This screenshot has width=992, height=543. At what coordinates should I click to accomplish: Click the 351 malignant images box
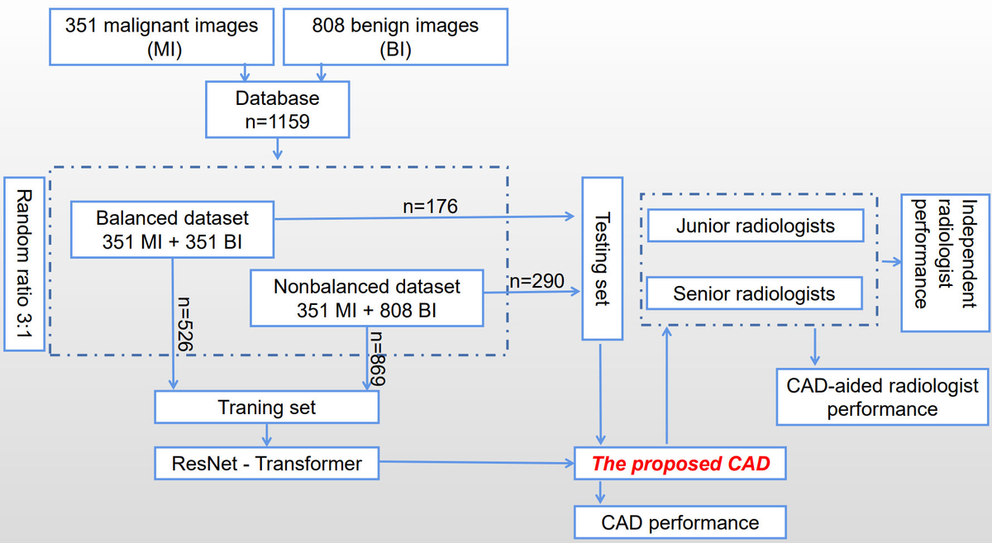(x=161, y=36)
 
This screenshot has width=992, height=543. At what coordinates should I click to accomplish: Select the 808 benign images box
(x=394, y=36)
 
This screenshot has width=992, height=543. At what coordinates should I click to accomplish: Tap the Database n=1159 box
(x=277, y=110)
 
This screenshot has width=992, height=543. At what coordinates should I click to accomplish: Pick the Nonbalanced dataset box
(x=366, y=298)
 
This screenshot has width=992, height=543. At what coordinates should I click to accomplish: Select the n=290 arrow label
(x=537, y=281)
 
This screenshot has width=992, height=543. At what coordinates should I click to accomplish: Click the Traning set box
(x=266, y=407)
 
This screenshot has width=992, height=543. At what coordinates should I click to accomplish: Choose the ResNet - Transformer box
(x=266, y=464)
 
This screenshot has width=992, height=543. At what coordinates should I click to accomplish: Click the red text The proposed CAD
(x=680, y=464)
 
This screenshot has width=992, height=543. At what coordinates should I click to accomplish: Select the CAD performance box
(x=680, y=522)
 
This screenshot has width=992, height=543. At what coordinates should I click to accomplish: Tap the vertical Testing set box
(x=603, y=258)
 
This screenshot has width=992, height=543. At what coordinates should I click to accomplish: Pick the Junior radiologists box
(x=756, y=226)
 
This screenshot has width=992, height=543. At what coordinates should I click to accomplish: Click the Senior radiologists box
(x=754, y=293)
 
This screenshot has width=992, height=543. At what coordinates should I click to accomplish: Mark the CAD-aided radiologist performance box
(x=882, y=398)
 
